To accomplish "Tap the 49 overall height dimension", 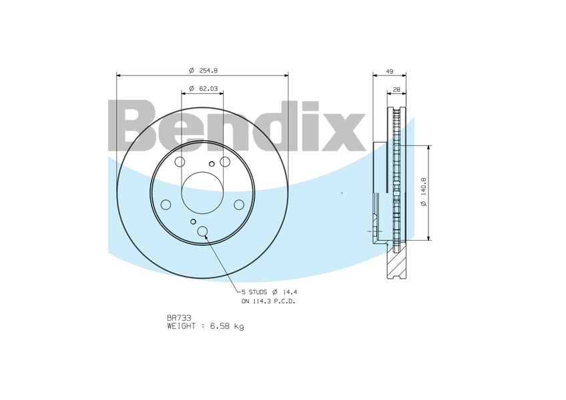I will click(389, 71).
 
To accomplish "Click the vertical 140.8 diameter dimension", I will click(423, 192).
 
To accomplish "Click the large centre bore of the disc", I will click(202, 191).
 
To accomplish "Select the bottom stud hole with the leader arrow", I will click(204, 232).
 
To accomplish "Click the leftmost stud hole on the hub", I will click(166, 204).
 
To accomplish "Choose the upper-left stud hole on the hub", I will click(180, 162).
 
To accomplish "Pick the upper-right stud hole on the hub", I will click(225, 162).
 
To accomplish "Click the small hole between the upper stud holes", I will click(212, 163).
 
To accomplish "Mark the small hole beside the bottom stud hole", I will click(193, 221).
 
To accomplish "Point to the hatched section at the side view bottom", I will click(394, 265).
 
